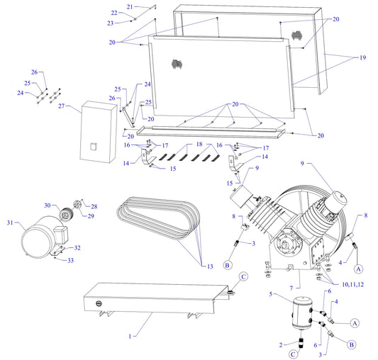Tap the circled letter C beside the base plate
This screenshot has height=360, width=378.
pos(242,276)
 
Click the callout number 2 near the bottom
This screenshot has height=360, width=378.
pos(281,344)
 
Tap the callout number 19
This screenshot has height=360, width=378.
pos(363,57)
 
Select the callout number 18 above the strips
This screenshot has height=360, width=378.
pos(199,144)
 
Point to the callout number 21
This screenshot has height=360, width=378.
pos(129,6)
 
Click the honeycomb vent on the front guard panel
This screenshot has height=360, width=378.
pos(173,63)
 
